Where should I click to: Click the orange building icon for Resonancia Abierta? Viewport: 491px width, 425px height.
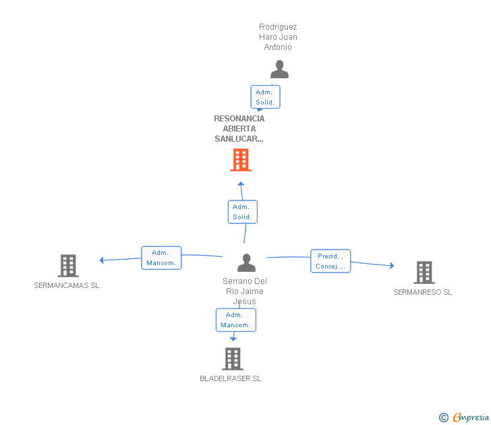(x=241, y=160)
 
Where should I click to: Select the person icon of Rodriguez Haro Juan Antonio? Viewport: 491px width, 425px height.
(x=279, y=69)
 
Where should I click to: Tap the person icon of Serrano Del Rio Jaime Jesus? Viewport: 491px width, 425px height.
(x=247, y=262)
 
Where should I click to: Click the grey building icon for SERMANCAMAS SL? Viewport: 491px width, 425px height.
(x=68, y=266)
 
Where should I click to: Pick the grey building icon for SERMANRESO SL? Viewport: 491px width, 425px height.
(x=424, y=273)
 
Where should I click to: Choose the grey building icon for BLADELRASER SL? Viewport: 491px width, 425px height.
(x=233, y=359)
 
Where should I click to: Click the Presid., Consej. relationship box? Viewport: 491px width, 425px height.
(x=330, y=261)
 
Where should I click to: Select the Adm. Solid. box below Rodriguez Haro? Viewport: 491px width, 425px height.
(x=265, y=97)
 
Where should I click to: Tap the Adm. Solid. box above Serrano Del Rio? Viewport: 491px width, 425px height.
(x=242, y=212)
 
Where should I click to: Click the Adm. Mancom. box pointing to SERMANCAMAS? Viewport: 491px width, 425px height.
(x=161, y=258)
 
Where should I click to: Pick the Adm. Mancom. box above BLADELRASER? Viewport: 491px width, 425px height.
(x=235, y=320)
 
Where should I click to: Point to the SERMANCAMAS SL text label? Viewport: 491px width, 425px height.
(x=66, y=285)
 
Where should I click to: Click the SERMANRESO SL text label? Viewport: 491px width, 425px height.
(x=423, y=292)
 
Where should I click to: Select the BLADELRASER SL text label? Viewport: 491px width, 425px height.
(x=230, y=378)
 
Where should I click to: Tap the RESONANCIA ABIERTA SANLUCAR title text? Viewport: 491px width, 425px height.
(x=239, y=128)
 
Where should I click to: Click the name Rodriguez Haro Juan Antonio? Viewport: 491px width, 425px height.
(x=278, y=37)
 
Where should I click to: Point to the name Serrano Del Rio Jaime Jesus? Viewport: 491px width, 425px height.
(x=244, y=291)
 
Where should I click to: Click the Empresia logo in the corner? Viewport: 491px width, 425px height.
(x=470, y=417)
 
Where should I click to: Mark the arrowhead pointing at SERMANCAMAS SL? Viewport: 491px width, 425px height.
(x=101, y=260)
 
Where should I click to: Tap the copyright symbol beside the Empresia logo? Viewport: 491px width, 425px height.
(x=443, y=418)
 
